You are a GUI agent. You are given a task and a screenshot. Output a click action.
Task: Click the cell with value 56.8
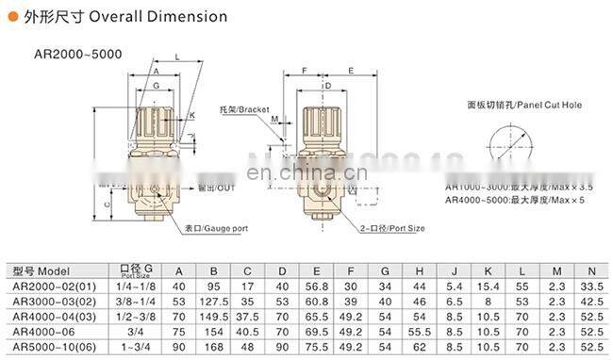(x=317, y=286)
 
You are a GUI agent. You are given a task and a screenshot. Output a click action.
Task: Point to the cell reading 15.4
(x=487, y=286)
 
